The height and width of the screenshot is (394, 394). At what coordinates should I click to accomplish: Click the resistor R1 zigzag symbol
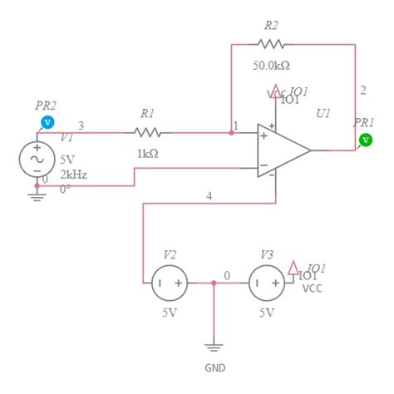[x=147, y=131]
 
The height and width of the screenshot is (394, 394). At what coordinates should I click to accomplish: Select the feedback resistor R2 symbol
[x=272, y=43]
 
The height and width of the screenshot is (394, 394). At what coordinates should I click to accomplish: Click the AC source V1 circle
[x=37, y=159]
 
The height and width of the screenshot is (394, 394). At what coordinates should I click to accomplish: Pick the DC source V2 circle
[x=169, y=283]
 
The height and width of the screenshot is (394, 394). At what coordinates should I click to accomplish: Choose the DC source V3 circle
[x=267, y=283]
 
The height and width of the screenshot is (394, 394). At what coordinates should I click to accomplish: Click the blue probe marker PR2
[x=47, y=122]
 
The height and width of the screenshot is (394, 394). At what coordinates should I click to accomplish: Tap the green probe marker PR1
[x=366, y=140]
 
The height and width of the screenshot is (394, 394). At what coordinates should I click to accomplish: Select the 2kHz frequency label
[x=72, y=175]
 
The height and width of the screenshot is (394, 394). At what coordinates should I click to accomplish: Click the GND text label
[x=214, y=367]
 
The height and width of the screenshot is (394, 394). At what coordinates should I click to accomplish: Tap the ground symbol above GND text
[x=214, y=347]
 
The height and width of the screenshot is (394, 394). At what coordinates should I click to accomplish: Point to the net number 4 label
[x=209, y=196]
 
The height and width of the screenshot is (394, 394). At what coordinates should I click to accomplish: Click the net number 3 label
[x=81, y=126]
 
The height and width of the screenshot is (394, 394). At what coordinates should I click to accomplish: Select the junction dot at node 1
[x=231, y=131]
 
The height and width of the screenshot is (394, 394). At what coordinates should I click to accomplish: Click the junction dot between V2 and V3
[x=214, y=283]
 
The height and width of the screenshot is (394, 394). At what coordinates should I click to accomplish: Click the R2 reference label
[x=272, y=25]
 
